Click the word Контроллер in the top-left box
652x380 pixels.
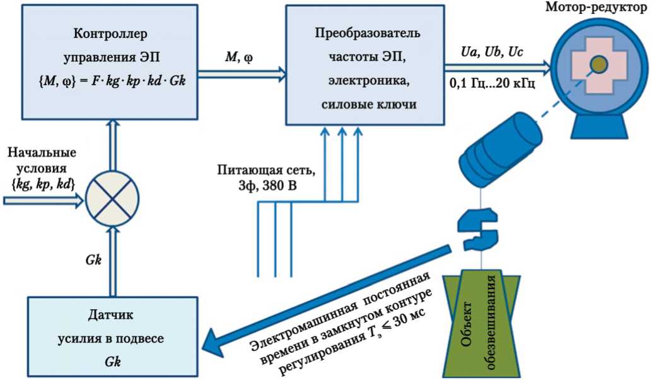pyautogui.click(x=110, y=33)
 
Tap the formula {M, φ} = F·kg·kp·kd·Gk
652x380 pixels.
pyautogui.click(x=112, y=80)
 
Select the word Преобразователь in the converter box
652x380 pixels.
pyautogui.click(x=368, y=33)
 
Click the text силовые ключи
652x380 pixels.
pyautogui.click(x=368, y=104)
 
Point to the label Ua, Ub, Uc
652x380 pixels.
pyautogui.click(x=492, y=52)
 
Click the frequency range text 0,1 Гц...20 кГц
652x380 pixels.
pyautogui.click(x=492, y=83)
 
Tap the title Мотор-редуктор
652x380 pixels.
pyautogui.click(x=598, y=7)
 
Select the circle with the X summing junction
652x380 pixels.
pyautogui.click(x=112, y=199)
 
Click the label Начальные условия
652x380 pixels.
pyautogui.click(x=42, y=160)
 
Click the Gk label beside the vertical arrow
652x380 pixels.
pyautogui.click(x=93, y=260)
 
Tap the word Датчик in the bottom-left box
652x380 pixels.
pyautogui.click(x=110, y=314)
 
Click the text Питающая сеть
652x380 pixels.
pyautogui.click(x=266, y=170)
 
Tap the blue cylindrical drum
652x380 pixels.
pyautogui.click(x=500, y=147)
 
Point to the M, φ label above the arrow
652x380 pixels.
pyautogui.click(x=239, y=57)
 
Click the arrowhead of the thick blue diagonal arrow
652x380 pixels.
pyautogui.click(x=213, y=341)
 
